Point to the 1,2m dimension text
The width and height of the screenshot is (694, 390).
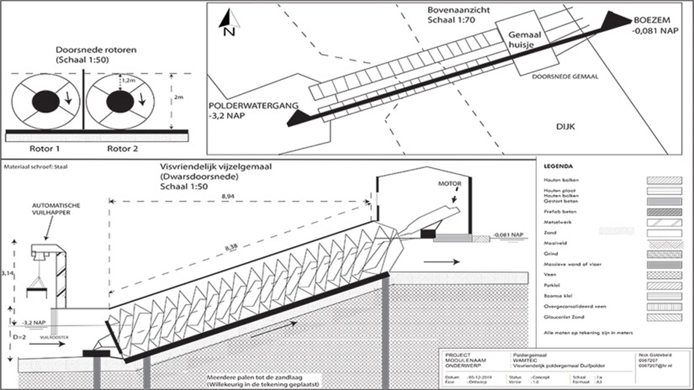coord(130,80)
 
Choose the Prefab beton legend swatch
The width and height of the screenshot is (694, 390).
coord(657,211)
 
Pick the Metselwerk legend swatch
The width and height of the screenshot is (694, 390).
coord(657,222)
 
